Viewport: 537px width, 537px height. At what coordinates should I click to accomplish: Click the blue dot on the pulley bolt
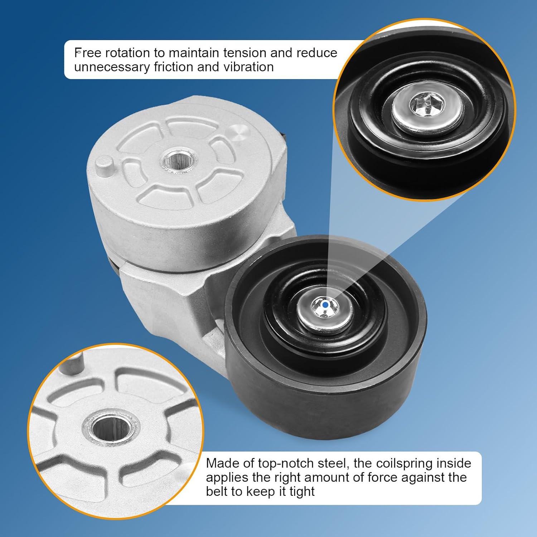[x=325, y=305]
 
